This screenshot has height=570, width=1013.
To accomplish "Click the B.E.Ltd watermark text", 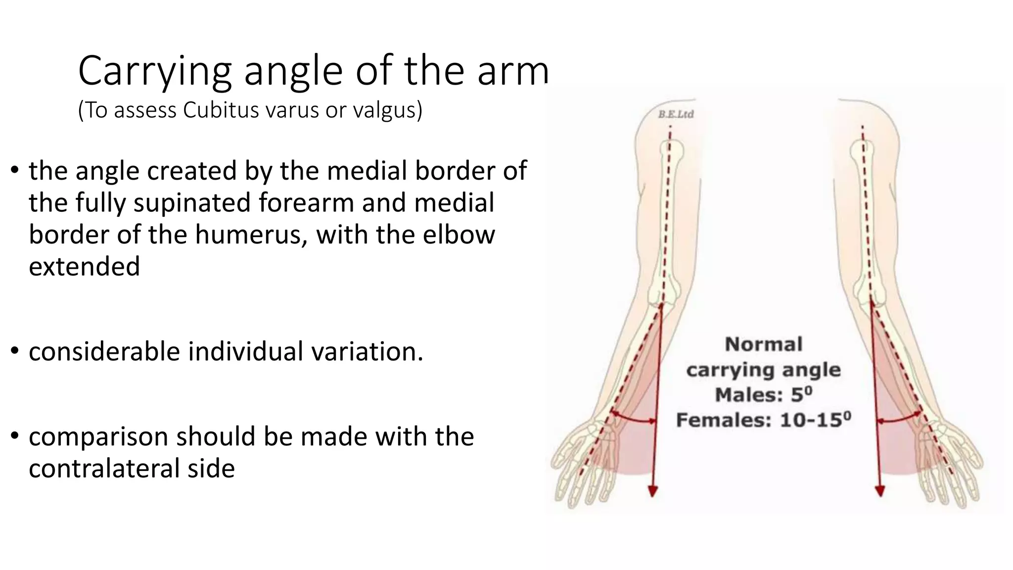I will point(676,114).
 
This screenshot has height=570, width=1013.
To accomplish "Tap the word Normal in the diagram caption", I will point(763,344).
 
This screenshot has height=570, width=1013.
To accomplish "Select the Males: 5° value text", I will point(763,395).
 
